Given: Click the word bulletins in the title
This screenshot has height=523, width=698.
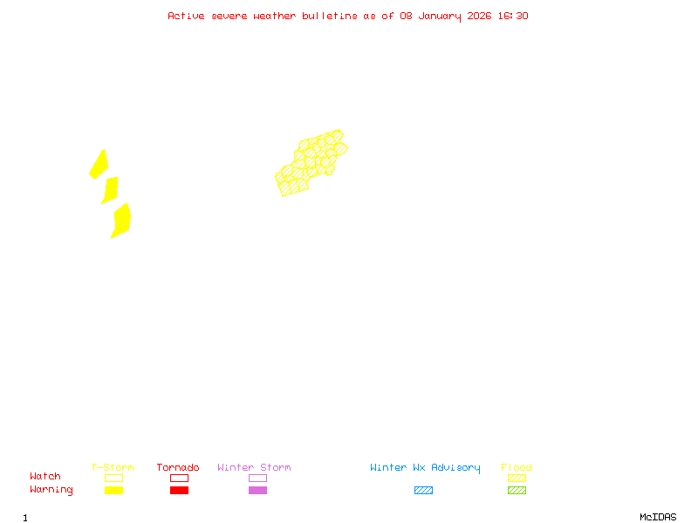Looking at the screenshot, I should pyautogui.click(x=329, y=16).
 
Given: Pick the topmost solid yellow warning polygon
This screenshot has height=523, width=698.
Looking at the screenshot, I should pyautogui.click(x=99, y=164).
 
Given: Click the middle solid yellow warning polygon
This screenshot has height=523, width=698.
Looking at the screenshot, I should pyautogui.click(x=110, y=189).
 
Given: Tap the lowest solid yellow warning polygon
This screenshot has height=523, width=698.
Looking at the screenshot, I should pyautogui.click(x=121, y=220).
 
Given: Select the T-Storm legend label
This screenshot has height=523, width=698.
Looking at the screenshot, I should pyautogui.click(x=113, y=468).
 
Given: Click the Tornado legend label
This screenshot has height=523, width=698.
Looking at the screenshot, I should pyautogui.click(x=178, y=468).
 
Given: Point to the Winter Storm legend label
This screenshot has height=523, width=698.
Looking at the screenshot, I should pyautogui.click(x=254, y=468).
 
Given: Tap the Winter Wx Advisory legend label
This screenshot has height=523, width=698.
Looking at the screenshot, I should pyautogui.click(x=425, y=468).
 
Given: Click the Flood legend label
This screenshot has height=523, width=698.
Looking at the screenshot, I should pyautogui.click(x=517, y=468).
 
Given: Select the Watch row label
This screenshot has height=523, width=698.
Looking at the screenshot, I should pyautogui.click(x=45, y=477).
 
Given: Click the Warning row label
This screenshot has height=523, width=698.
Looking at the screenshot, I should pyautogui.click(x=51, y=490).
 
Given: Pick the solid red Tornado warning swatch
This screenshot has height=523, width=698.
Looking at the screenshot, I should pyautogui.click(x=179, y=490).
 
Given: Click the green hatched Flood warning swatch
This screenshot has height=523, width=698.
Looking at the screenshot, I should pyautogui.click(x=517, y=490).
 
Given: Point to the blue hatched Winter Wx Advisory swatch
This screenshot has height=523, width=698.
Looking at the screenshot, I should pyautogui.click(x=423, y=490).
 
